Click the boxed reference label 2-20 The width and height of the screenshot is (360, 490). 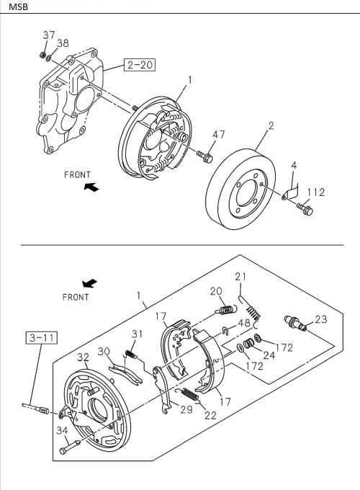click(x=140, y=66)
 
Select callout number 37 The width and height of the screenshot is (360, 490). click(x=48, y=35)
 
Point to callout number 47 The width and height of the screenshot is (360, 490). click(x=219, y=135)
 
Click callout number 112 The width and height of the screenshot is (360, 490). click(x=316, y=192)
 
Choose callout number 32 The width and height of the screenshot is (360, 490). click(x=83, y=357)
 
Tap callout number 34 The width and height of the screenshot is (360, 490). click(x=63, y=430)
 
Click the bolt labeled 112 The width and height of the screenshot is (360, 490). click(x=305, y=210)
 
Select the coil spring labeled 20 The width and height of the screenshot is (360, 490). click(x=226, y=310)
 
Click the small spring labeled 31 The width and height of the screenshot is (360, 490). click(x=132, y=352)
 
